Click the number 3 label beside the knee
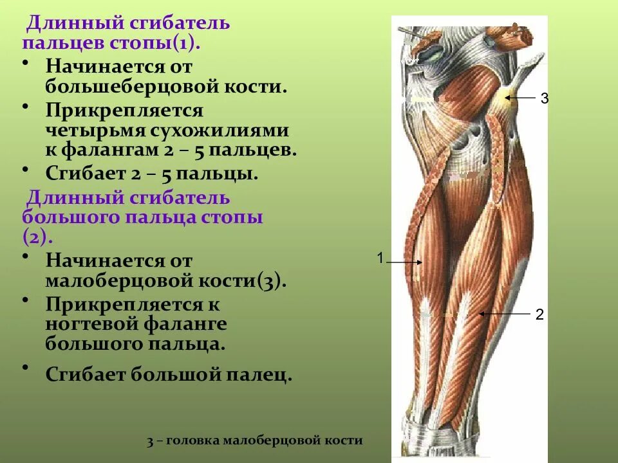coord(544,98)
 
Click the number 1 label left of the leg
coord(380,258)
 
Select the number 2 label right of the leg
coord(539,314)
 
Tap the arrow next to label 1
coord(404,262)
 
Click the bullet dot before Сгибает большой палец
coord(25,367)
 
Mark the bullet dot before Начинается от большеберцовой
coord(25,63)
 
